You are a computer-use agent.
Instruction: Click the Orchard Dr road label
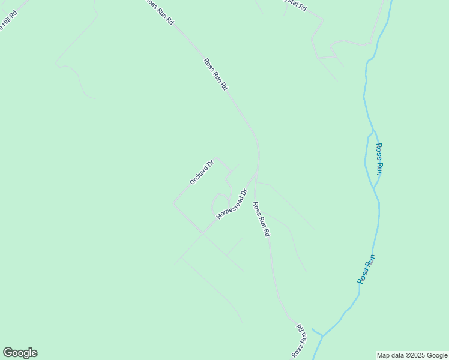tap(202, 172)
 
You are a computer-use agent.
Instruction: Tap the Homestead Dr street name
tap(232, 204)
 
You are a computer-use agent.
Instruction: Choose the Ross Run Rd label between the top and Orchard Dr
tap(216, 74)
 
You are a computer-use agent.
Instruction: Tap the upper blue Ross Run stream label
tap(379, 158)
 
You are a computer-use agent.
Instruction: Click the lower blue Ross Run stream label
tap(366, 269)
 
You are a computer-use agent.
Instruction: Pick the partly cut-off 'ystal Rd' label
tap(295, 6)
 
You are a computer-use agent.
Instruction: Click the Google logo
tap(20, 353)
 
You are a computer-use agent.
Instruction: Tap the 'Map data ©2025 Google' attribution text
tap(412, 355)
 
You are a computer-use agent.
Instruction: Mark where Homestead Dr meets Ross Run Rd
tap(255, 176)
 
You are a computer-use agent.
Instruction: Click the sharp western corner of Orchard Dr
tap(173, 203)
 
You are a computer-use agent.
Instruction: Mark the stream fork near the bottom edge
tap(323, 335)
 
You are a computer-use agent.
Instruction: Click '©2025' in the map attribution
tap(414, 355)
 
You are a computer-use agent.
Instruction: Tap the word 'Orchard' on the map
tap(199, 175)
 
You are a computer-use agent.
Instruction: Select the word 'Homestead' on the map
tap(229, 207)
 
